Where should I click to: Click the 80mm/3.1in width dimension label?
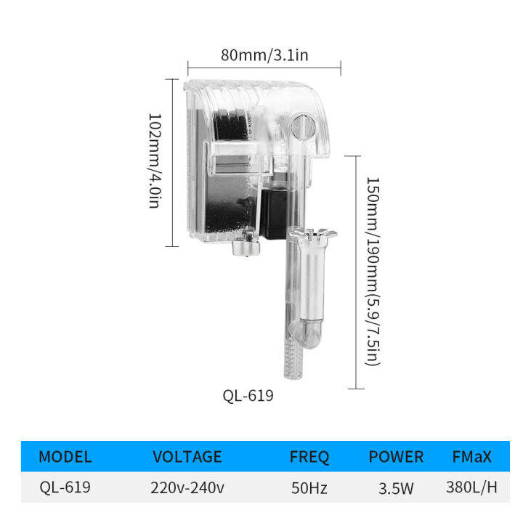click(x=264, y=55)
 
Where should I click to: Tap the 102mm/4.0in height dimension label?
click(x=155, y=161)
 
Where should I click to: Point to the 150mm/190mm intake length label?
click(x=373, y=271)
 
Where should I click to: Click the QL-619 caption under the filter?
click(x=248, y=396)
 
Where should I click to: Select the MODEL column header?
click(x=65, y=457)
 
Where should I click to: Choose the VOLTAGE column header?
click(x=187, y=457)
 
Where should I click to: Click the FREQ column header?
click(x=309, y=457)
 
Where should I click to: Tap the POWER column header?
click(x=396, y=457)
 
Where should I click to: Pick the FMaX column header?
click(x=471, y=457)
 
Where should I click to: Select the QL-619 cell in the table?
click(x=65, y=487)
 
